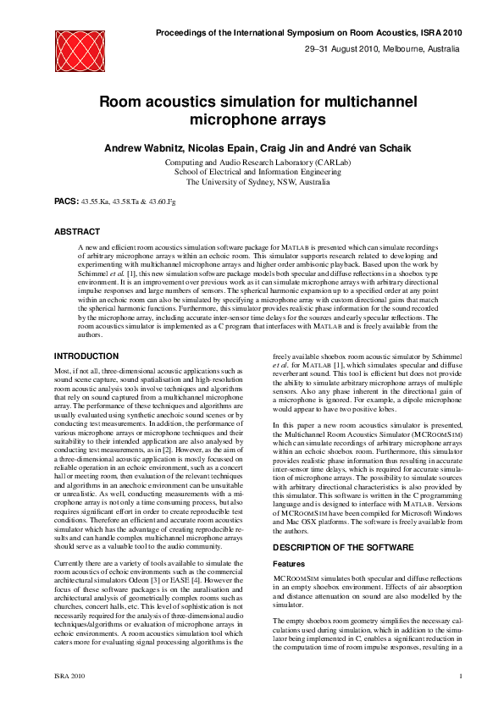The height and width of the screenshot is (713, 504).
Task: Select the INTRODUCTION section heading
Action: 86,356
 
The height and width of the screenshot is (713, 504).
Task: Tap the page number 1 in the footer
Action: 460,676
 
